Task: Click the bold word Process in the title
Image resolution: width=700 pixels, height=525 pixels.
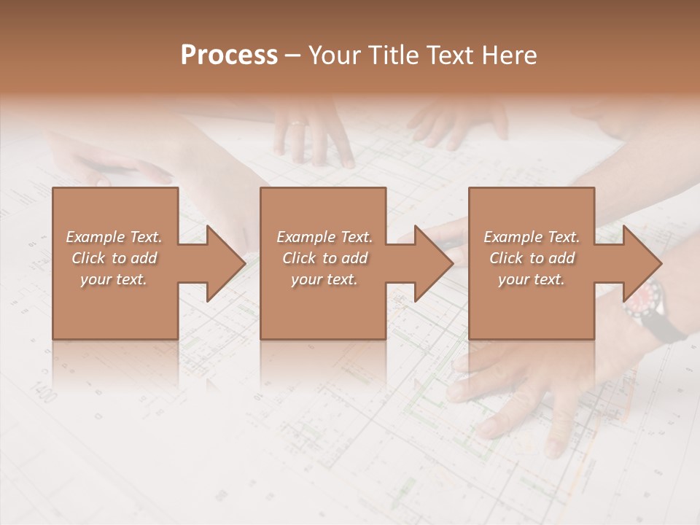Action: [229, 55]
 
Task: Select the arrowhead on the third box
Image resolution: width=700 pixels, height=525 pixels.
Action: [641, 263]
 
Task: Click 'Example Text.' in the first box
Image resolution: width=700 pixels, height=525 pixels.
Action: [114, 237]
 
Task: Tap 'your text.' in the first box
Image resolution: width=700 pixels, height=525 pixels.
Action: [114, 279]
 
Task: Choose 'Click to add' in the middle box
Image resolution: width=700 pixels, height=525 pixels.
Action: [324, 258]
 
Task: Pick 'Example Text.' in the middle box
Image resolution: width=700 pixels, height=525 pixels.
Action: [324, 237]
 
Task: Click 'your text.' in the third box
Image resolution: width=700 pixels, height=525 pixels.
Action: [532, 279]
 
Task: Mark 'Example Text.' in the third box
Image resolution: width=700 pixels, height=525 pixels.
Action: [532, 237]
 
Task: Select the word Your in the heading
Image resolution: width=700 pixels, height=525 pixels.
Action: [332, 55]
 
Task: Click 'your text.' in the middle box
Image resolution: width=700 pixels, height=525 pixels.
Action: [324, 279]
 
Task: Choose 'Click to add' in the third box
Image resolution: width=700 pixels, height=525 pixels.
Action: [532, 258]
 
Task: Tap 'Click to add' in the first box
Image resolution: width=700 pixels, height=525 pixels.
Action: [114, 258]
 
